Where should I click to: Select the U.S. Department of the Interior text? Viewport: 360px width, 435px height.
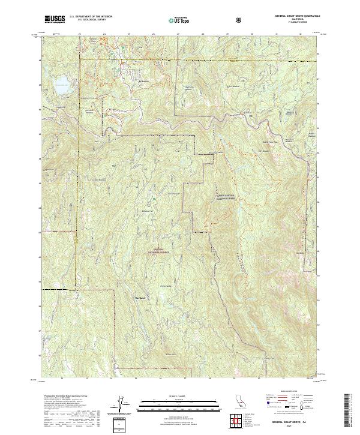[90, 17]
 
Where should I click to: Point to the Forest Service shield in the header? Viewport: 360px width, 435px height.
[241, 20]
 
